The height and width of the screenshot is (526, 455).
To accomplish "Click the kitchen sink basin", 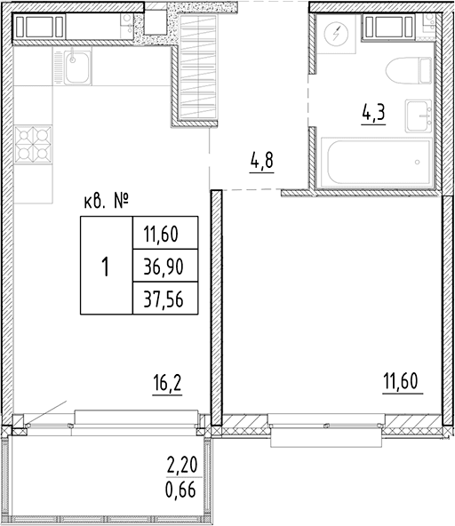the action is pyautogui.click(x=77, y=68).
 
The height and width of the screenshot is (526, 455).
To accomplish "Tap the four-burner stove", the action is pyautogui.click(x=33, y=144).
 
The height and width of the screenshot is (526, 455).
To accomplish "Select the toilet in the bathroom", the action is pyautogui.click(x=409, y=70).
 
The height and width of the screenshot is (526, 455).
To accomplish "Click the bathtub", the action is pyautogui.click(x=376, y=162).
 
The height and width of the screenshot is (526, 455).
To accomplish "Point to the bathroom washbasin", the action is pyautogui.click(x=419, y=116).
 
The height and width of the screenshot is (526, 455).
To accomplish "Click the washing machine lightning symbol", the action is pyautogui.click(x=336, y=34).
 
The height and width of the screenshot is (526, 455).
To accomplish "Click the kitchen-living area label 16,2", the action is pyautogui.click(x=167, y=383).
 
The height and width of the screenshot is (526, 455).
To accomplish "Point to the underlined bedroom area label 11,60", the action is pyautogui.click(x=403, y=381).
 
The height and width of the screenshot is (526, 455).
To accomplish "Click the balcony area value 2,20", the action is pyautogui.click(x=182, y=466).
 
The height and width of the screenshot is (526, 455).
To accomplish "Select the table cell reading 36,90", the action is pyautogui.click(x=165, y=265).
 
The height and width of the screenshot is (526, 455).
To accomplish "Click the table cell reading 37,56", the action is pyautogui.click(x=165, y=298).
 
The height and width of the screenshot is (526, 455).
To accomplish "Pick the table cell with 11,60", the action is pyautogui.click(x=165, y=233).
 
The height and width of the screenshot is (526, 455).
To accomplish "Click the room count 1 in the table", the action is pyautogui.click(x=106, y=267).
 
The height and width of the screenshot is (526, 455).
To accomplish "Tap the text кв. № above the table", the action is pyautogui.click(x=106, y=202).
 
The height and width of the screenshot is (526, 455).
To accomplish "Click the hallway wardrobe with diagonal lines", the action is pyautogui.click(x=197, y=68).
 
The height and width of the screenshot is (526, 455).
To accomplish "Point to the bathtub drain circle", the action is pyautogui.click(x=417, y=162).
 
